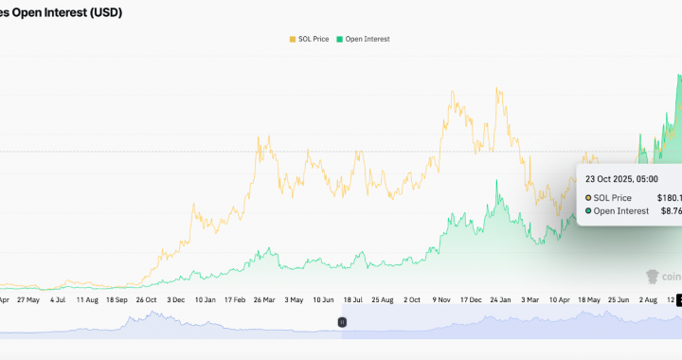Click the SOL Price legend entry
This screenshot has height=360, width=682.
(311, 39)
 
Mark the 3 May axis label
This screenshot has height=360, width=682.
(295, 298)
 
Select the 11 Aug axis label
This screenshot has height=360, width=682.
(86, 298)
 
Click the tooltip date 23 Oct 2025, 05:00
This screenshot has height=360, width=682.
(621, 178)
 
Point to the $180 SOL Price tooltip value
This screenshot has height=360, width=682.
(669, 197)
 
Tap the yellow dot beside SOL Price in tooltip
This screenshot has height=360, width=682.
(588, 197)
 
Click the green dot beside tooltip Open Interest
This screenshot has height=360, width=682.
(588, 210)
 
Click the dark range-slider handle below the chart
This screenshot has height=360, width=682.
(342, 322)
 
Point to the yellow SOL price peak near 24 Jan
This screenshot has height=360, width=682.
(497, 90)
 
